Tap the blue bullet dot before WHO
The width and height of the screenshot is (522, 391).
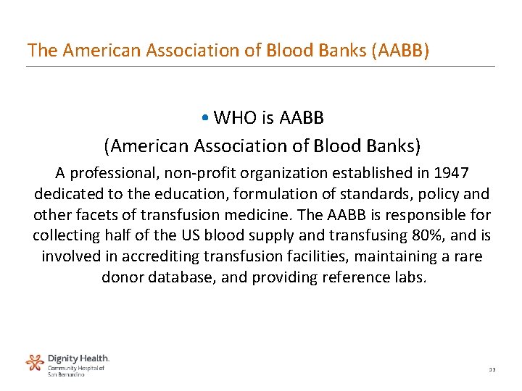(207, 118)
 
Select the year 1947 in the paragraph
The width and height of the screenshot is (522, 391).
(451, 173)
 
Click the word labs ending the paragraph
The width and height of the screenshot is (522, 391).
(410, 278)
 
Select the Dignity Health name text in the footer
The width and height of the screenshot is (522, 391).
(78, 358)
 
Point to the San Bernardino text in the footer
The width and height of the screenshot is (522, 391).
(66, 374)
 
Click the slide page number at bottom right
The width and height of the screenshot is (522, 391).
(491, 370)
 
